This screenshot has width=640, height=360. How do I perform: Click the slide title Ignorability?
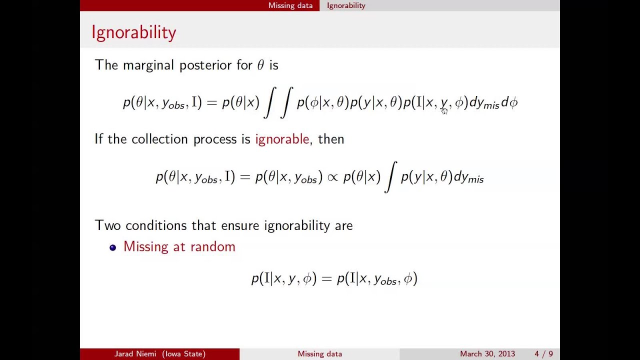click(133, 32)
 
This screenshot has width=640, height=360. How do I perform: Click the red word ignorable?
click(282, 139)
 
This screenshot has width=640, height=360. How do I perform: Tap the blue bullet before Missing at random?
click(113, 247)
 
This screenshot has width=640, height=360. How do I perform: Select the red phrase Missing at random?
click(179, 246)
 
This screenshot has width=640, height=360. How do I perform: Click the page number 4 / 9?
click(543, 354)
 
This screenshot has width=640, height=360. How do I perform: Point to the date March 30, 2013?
click(487, 354)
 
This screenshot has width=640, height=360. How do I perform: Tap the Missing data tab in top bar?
click(290, 5)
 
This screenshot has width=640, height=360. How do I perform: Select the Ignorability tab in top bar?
click(346, 5)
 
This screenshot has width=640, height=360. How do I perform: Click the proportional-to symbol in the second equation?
click(332, 177)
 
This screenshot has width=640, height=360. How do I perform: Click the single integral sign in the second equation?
click(390, 177)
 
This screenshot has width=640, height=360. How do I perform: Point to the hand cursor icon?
click(444, 111)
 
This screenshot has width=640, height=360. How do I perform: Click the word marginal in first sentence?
click(148, 65)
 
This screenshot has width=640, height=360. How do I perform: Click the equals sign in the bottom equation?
click(326, 278)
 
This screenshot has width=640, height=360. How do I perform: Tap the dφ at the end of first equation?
click(509, 102)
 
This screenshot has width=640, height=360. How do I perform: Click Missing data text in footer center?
click(319, 354)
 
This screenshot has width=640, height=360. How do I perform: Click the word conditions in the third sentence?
click(156, 225)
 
